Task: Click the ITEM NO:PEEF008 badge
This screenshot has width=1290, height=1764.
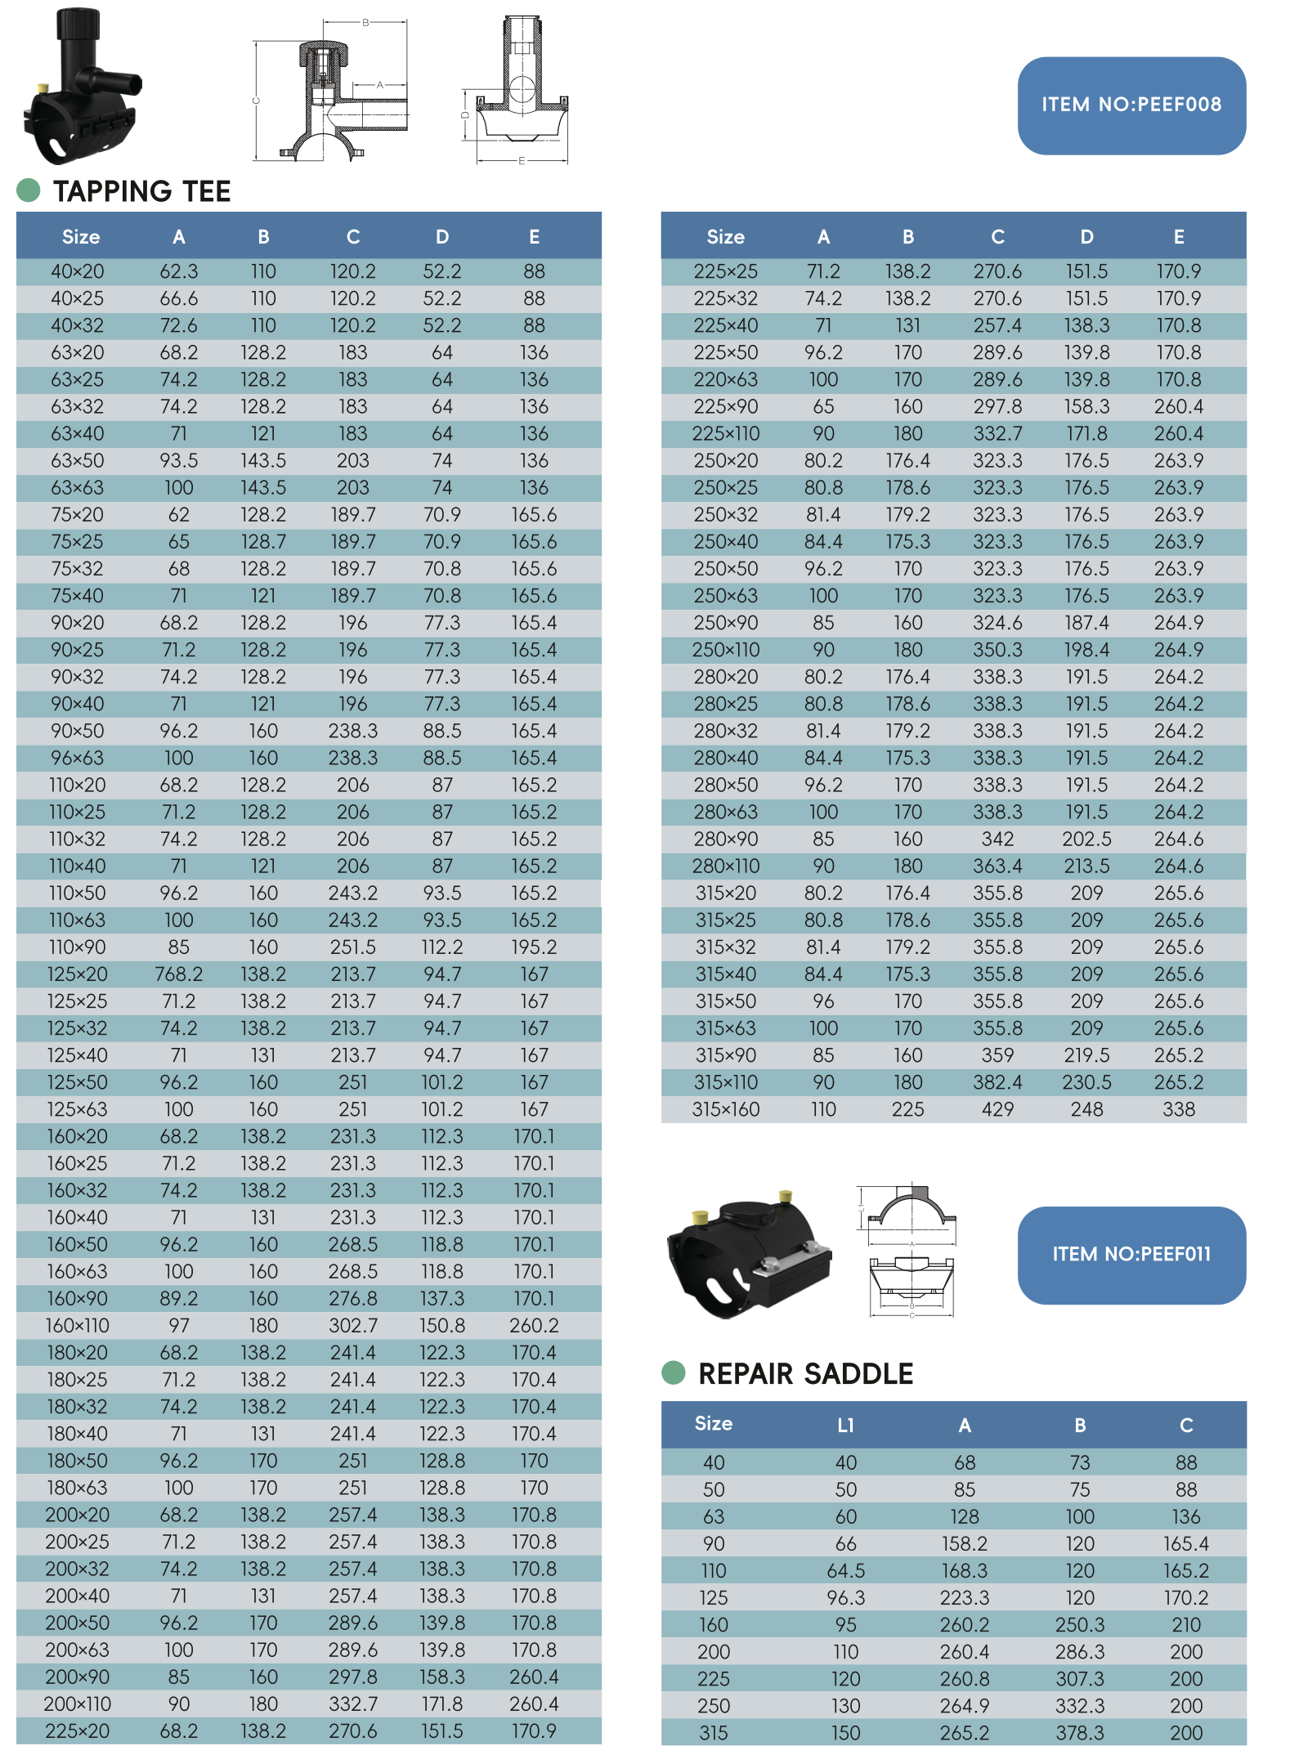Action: pos(1131,105)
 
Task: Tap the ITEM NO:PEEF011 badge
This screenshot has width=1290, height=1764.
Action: pos(1131,1254)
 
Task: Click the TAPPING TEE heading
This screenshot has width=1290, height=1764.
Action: pos(141,191)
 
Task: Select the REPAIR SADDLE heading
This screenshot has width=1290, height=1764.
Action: pos(805,1374)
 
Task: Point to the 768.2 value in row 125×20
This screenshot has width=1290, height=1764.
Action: pos(178,974)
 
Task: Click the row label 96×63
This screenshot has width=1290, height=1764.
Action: pos(78,758)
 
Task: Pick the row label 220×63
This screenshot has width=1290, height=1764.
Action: pos(725,379)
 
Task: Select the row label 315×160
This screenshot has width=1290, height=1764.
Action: pos(725,1109)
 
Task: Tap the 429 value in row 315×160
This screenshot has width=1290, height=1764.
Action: pos(997,1109)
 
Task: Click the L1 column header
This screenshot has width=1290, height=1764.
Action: pos(845,1426)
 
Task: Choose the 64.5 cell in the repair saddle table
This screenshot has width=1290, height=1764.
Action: pos(845,1570)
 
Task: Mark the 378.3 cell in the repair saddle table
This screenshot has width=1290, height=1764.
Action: pos(1079,1733)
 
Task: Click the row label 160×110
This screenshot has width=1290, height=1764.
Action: pos(78,1325)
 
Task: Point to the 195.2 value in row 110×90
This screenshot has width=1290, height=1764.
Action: pos(534,947)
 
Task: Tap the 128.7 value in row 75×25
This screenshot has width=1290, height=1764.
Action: pos(263,542)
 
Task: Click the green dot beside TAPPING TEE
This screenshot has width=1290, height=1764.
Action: pos(29,190)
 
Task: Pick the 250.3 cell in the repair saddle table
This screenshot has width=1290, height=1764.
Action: pos(1079,1624)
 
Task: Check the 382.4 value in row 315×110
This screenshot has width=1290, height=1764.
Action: pos(997,1082)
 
